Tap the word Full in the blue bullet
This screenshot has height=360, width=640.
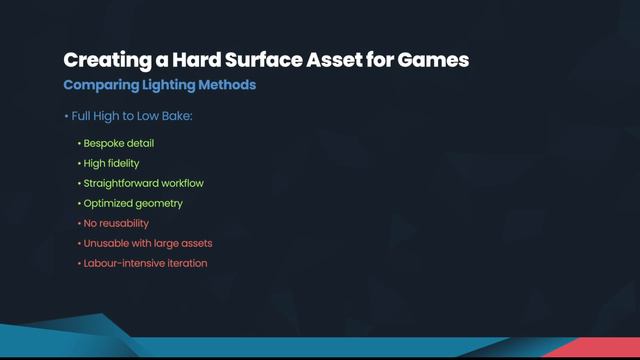click(x=84, y=116)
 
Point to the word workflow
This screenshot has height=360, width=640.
click(x=193, y=183)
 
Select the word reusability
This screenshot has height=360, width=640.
click(x=123, y=223)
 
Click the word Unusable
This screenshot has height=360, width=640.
click(x=107, y=243)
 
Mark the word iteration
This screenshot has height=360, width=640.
click(x=188, y=263)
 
